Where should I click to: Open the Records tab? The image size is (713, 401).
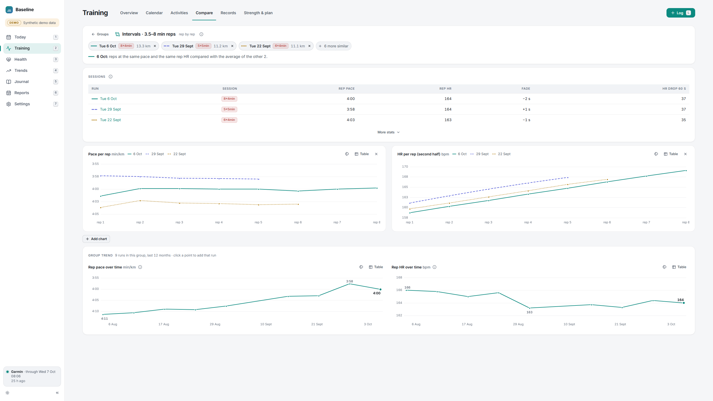point(228,13)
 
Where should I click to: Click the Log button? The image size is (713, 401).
point(680,13)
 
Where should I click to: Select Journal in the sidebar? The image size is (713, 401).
point(21,82)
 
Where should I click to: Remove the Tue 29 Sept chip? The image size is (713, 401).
point(232,46)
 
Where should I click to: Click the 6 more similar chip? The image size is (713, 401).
point(333,46)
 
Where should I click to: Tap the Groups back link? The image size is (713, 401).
point(100,34)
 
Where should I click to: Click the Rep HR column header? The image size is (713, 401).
point(445,89)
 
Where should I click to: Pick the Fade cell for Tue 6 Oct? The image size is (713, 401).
point(526,99)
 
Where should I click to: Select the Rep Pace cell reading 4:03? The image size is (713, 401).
point(351,120)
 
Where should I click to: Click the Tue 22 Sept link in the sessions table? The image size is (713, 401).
point(110,120)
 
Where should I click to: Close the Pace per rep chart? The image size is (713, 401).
point(376,154)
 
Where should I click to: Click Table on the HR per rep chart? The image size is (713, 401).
point(671,154)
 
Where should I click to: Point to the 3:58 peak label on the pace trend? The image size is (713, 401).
point(350,281)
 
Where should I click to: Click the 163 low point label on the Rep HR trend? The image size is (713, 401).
point(529,312)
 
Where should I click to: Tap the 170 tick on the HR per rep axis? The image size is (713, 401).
point(405,167)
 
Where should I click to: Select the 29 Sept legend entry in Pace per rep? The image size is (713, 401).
point(155,154)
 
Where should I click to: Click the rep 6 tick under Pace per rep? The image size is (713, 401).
point(298,222)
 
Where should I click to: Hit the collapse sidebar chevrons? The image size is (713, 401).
point(57,393)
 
